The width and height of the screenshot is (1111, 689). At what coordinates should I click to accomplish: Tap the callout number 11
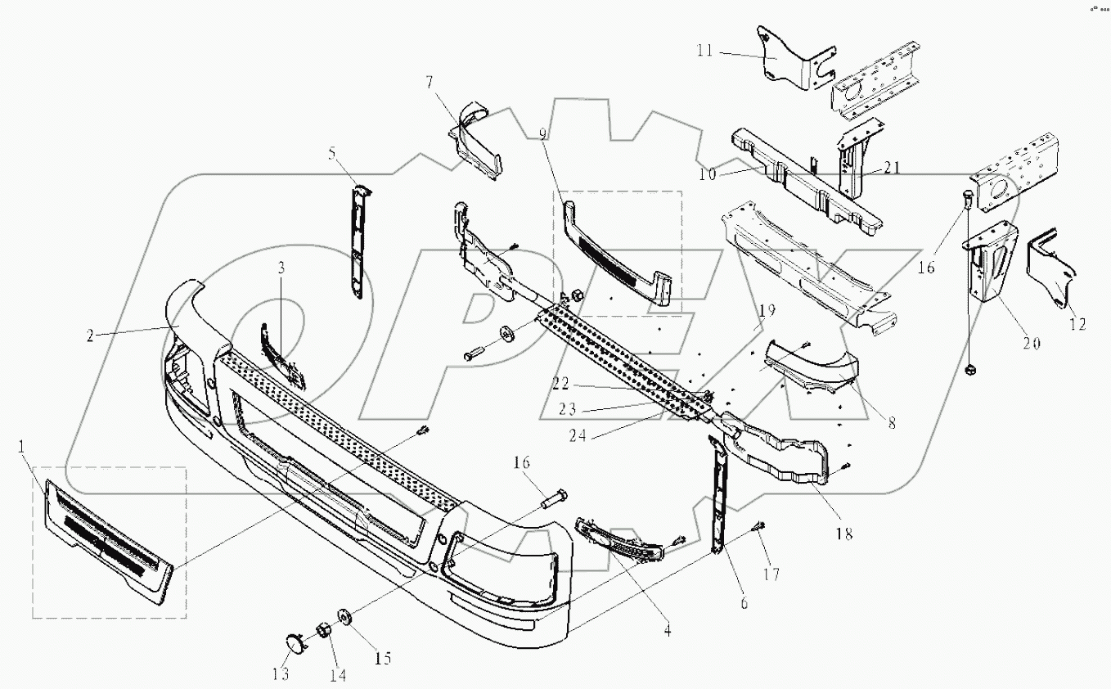pyautogui.click(x=704, y=51)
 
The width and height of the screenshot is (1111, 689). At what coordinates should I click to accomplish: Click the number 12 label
pyautogui.click(x=1077, y=325)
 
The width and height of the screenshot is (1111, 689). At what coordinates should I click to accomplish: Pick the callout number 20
pyautogui.click(x=1030, y=344)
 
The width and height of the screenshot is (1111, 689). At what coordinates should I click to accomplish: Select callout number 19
pyautogui.click(x=765, y=312)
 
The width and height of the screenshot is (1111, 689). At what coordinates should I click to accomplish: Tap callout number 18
pyautogui.click(x=843, y=534)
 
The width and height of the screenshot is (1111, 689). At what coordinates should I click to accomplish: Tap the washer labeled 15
pyautogui.click(x=344, y=616)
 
